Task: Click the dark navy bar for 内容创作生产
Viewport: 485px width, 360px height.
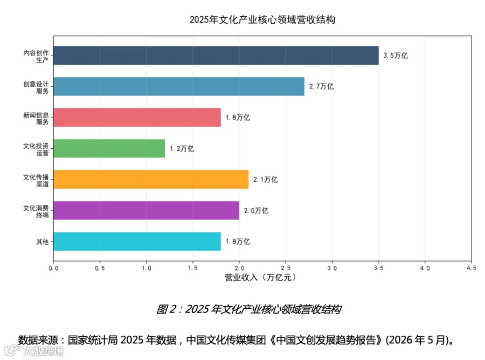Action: [x=216, y=56]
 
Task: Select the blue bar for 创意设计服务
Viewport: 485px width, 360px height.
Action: [x=179, y=86]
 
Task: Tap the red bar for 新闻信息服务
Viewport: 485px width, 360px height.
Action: [x=137, y=117]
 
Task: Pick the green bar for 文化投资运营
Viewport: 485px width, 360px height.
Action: [x=109, y=148]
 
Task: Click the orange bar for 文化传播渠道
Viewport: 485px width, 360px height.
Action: [x=151, y=179]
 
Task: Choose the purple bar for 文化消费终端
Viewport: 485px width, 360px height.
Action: [x=146, y=210]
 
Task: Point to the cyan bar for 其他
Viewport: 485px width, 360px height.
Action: [x=137, y=241]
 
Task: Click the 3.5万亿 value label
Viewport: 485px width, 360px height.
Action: [x=396, y=56]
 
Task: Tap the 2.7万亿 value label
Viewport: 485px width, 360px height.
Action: [x=321, y=87]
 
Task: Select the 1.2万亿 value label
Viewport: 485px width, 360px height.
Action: [x=182, y=149]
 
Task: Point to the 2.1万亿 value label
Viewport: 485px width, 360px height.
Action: [x=265, y=179]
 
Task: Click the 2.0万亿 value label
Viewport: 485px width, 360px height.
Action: [x=256, y=211]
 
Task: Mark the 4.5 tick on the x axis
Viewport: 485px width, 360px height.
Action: [x=472, y=268]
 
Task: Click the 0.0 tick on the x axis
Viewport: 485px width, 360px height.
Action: [x=53, y=268]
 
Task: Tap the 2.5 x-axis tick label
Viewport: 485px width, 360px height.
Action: [x=286, y=268]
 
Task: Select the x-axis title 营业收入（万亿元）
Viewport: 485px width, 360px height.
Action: [x=260, y=278]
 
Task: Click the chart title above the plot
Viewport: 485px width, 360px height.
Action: [x=262, y=19]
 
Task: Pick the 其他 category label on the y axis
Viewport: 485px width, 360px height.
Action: [x=43, y=241]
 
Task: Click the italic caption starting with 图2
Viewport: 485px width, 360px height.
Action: [x=248, y=309]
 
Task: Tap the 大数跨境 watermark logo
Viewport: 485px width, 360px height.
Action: [x=34, y=350]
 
